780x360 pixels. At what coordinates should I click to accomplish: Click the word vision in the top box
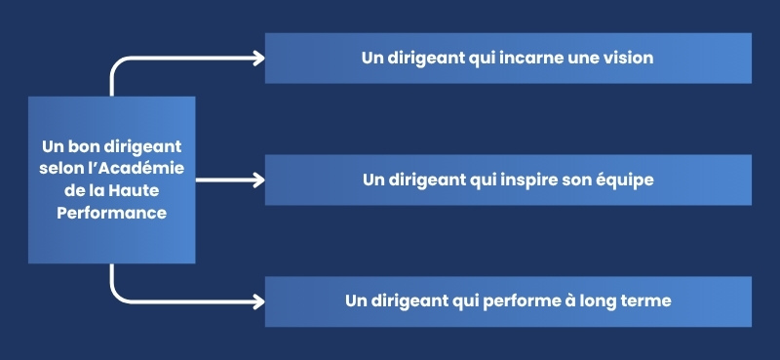coord(627,59)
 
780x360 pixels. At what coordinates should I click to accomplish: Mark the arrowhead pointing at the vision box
coord(258,59)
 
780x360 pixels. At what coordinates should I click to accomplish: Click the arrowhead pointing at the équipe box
coord(258,180)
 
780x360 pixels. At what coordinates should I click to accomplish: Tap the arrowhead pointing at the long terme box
coord(258,300)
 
